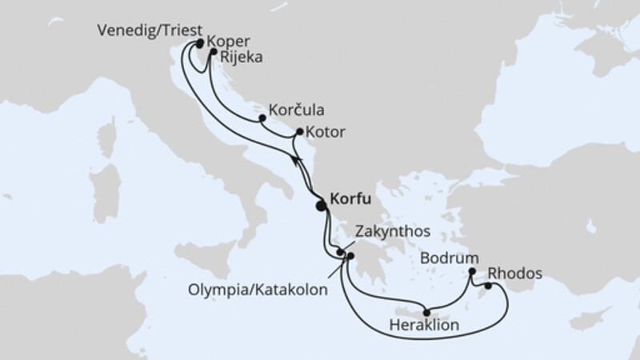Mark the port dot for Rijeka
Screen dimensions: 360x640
point(214,53)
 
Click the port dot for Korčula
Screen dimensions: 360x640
point(262,119)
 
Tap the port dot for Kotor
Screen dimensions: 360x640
point(300,132)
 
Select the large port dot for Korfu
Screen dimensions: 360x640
point(322,206)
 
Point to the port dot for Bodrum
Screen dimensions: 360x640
point(472,271)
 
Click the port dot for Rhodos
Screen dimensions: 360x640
point(488,286)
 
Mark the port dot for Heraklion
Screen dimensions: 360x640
point(426,313)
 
